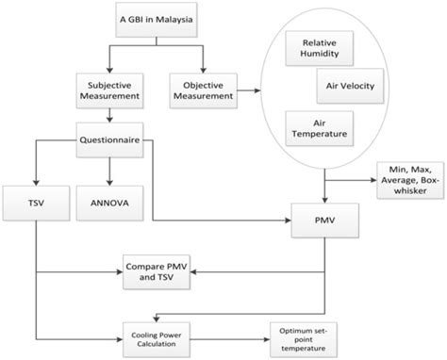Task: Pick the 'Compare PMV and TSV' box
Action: point(150,274)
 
